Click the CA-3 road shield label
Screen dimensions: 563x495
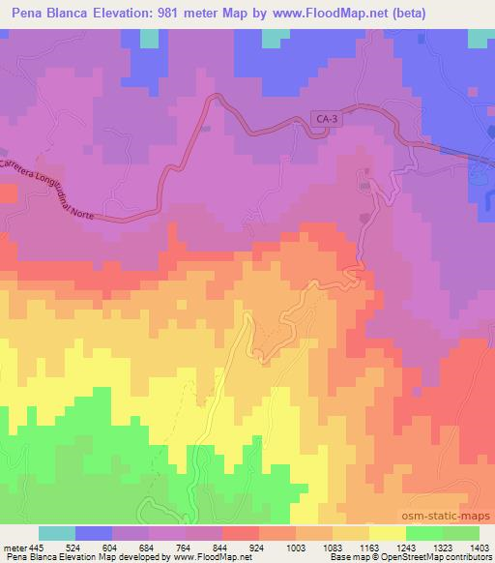click(x=328, y=119)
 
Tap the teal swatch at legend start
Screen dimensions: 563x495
click(x=57, y=533)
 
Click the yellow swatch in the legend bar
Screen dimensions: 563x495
click(x=387, y=533)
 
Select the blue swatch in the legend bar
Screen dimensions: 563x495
click(x=94, y=533)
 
